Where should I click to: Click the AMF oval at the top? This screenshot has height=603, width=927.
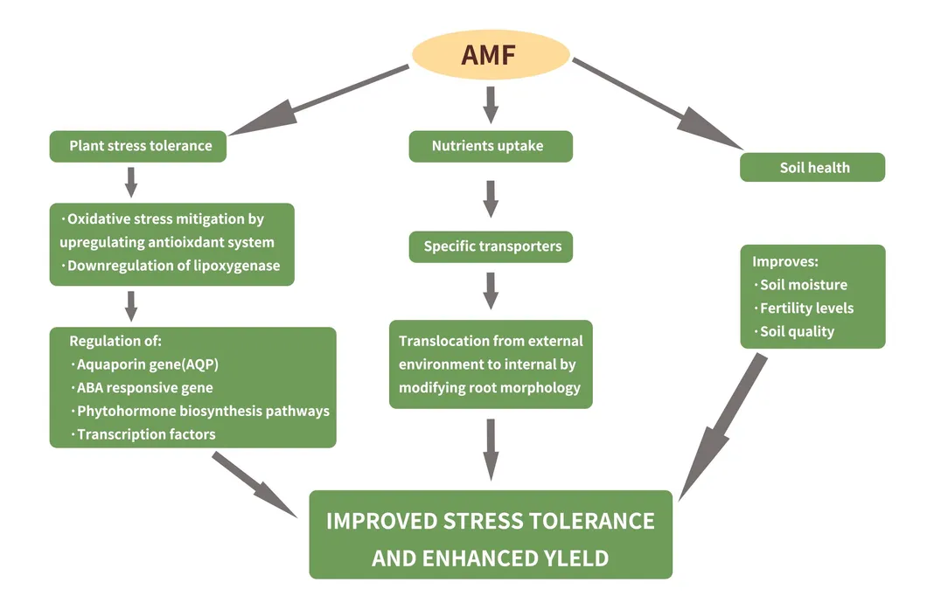coord(490,55)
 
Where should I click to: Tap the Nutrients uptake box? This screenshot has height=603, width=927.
coord(490,146)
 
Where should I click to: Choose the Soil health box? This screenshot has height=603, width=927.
coord(813,167)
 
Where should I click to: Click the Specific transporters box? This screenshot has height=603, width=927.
coord(491,246)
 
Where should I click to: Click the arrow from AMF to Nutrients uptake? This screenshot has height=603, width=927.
coord(491,102)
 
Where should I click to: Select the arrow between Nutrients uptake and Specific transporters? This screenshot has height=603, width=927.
coord(491,198)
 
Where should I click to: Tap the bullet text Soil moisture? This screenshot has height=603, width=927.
coord(803,285)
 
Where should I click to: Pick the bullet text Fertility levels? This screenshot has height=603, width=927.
coord(806,308)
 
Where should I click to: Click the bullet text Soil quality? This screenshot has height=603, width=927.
coord(797,332)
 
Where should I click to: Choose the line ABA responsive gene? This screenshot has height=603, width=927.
coord(144,388)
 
